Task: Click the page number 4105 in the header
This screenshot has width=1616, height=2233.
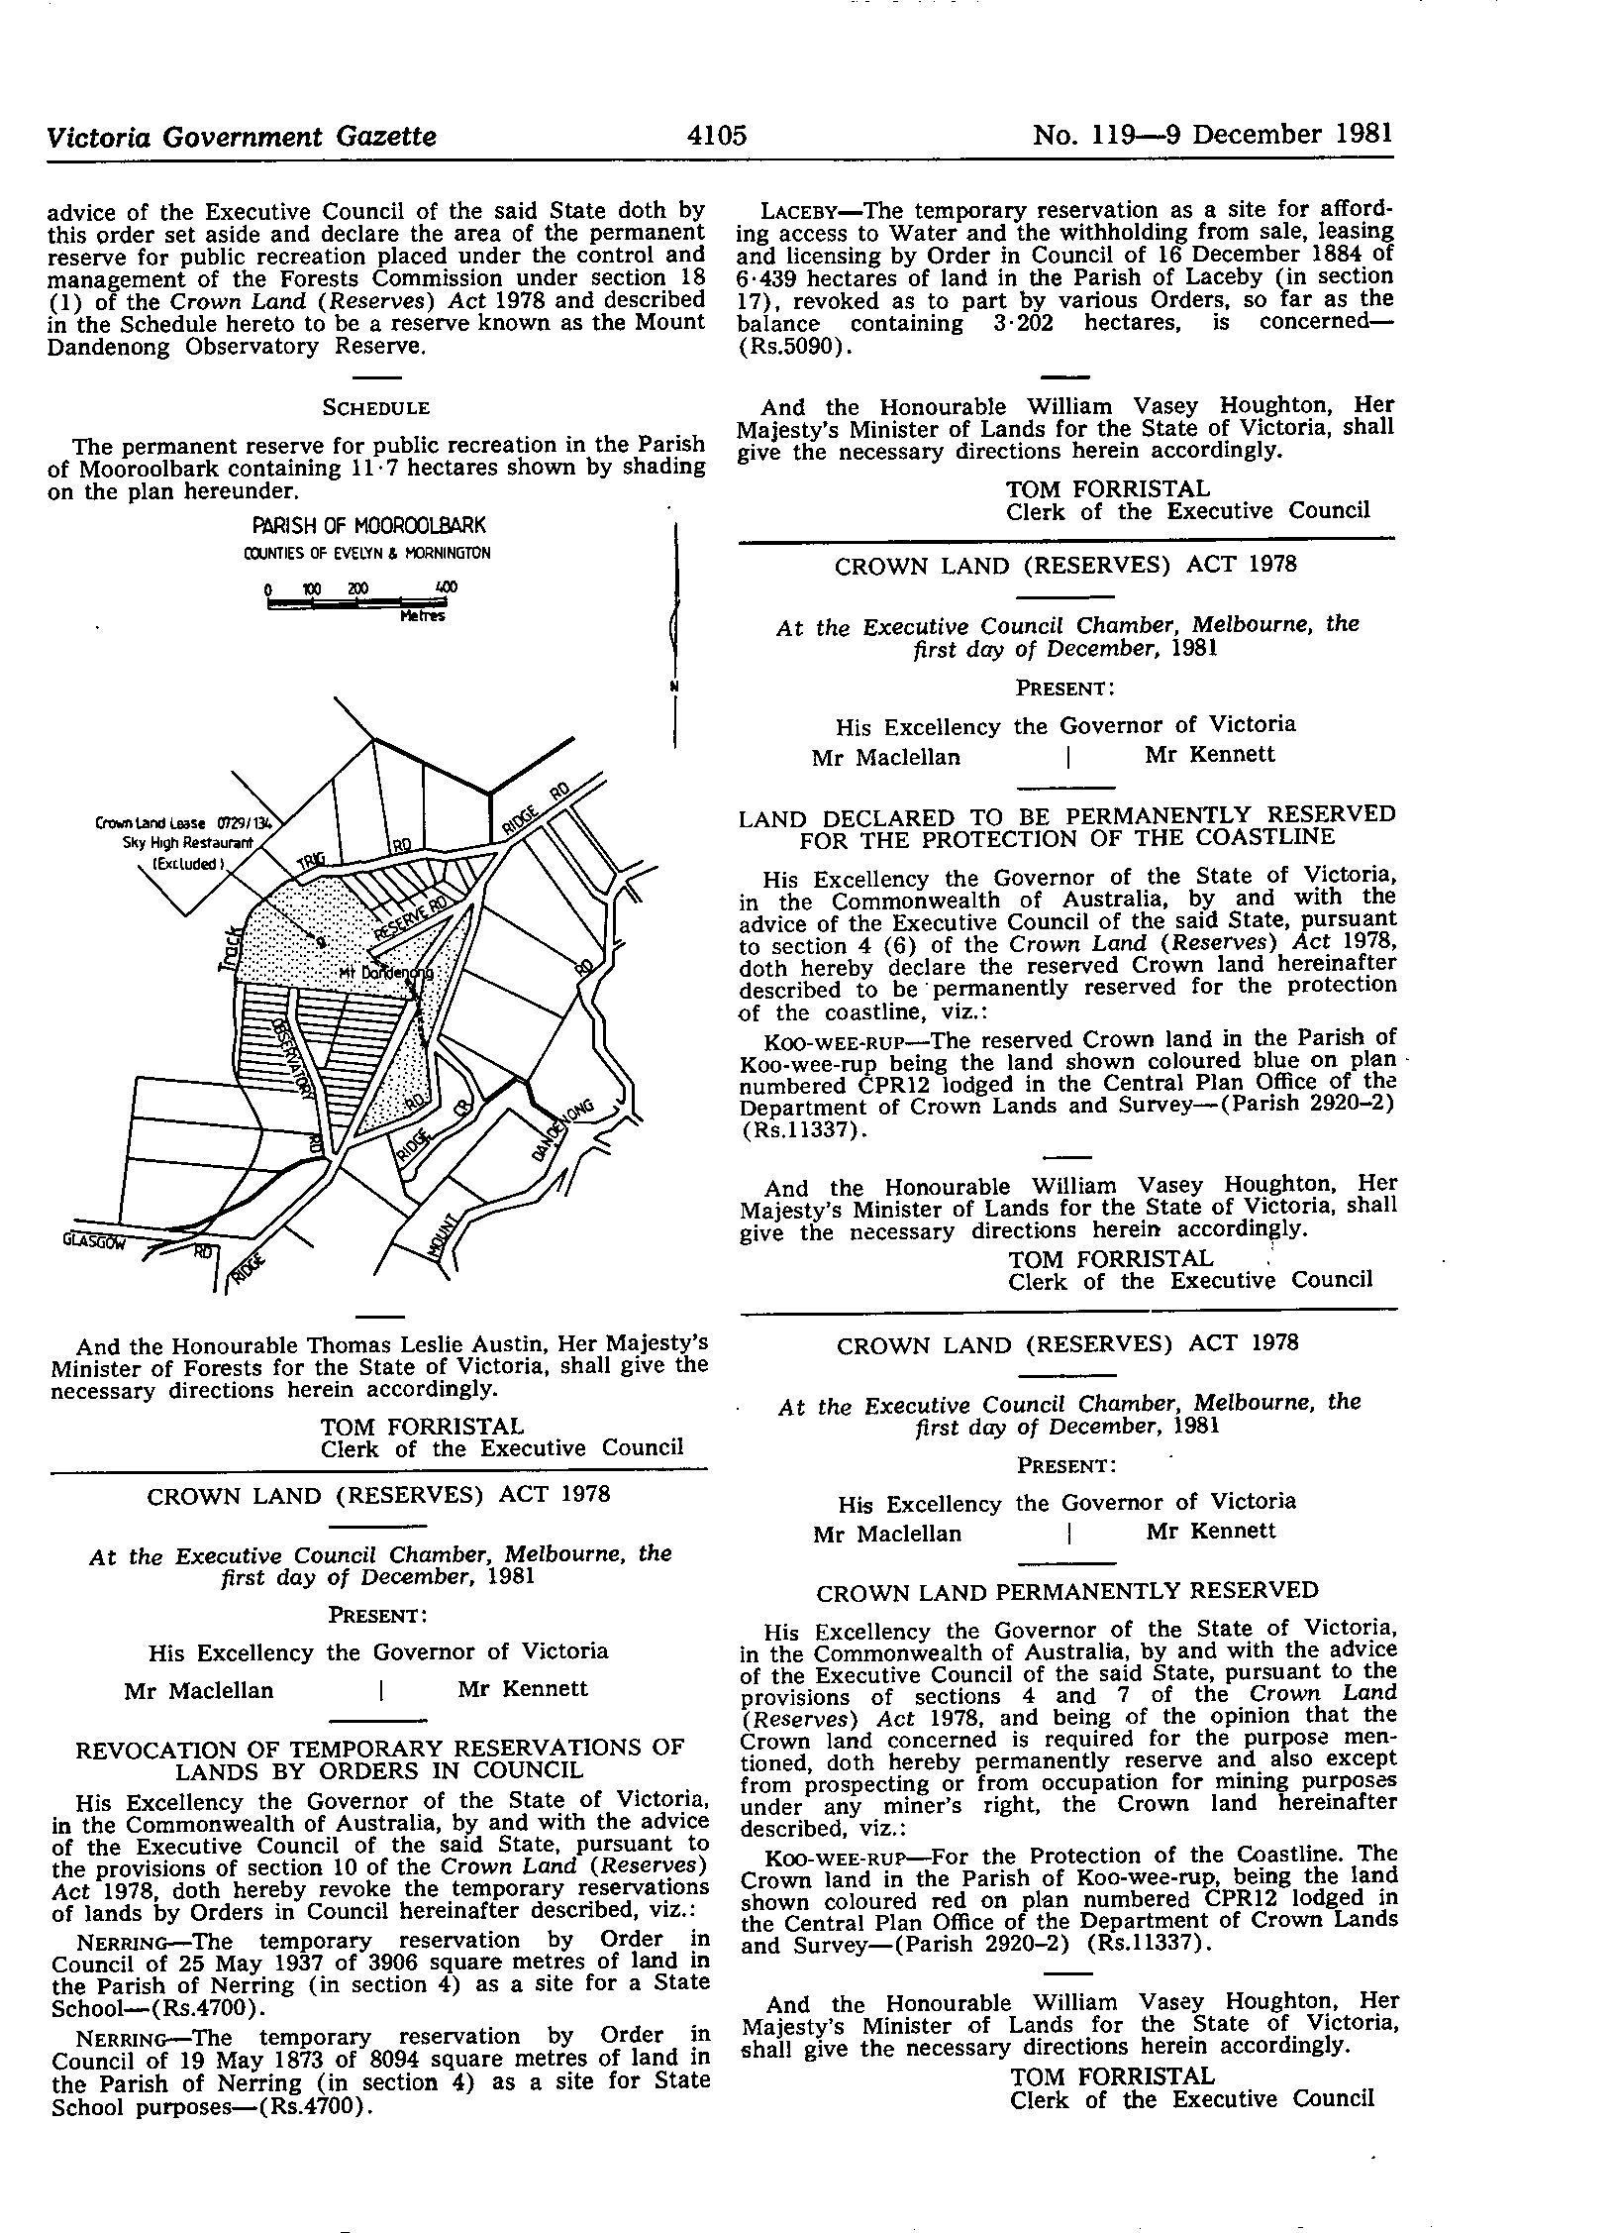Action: (716, 135)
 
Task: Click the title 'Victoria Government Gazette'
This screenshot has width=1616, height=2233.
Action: (242, 136)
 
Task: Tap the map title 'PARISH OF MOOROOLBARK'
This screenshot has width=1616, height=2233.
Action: (367, 526)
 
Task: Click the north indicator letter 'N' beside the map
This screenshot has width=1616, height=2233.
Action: (673, 686)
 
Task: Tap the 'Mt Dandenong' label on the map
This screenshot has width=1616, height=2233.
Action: (385, 972)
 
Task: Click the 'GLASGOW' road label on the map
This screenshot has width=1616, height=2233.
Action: (95, 1239)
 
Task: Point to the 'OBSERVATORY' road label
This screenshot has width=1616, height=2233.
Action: (295, 1058)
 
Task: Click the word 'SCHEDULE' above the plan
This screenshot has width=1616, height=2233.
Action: (376, 408)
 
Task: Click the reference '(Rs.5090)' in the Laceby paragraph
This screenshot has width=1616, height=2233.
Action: (788, 346)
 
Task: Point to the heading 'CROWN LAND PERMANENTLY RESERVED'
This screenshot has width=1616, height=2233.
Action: (1066, 1591)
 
